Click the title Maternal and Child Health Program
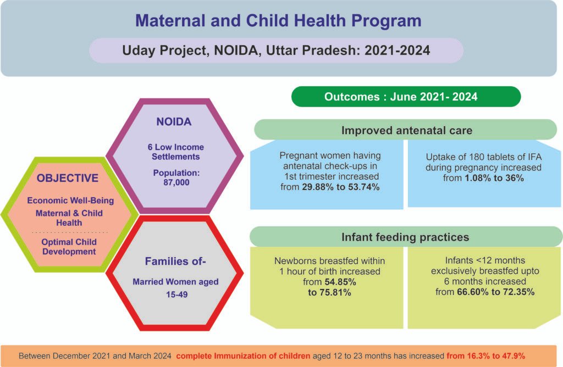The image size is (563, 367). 278,21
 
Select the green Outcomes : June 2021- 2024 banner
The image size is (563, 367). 406,96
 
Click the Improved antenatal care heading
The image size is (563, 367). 406,130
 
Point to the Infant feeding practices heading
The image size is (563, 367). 406,237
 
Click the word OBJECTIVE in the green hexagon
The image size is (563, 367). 68,179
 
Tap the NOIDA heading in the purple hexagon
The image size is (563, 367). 174,122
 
